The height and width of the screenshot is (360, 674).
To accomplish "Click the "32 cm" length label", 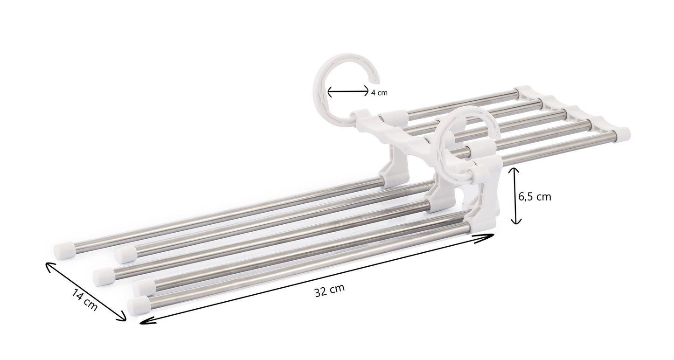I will [329, 291].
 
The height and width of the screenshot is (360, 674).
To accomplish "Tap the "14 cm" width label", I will [84, 299].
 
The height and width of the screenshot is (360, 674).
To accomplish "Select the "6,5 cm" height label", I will [535, 197].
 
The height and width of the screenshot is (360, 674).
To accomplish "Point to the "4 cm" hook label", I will [379, 93].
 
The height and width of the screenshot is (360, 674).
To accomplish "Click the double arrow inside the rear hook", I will [348, 92].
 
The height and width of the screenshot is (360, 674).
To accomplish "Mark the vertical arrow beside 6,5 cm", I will [514, 196].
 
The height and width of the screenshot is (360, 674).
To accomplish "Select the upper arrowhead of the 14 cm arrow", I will [49, 265].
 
